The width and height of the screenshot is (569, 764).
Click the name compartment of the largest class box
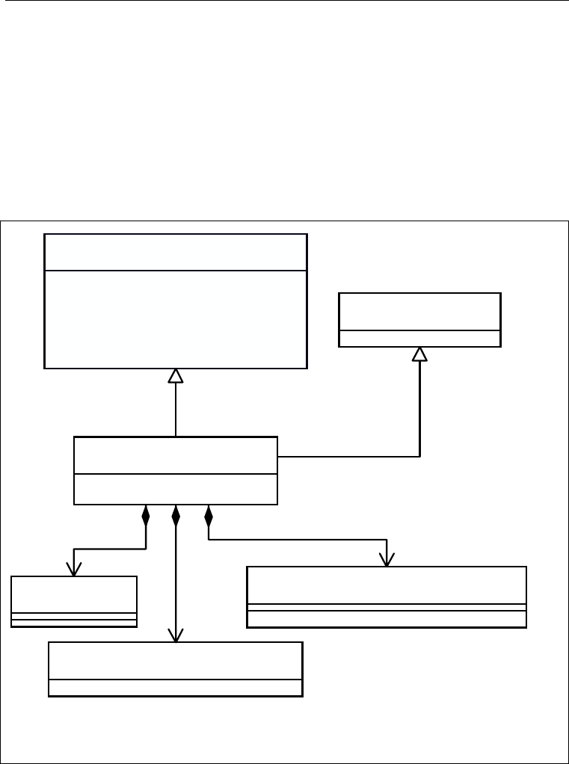[x=176, y=252]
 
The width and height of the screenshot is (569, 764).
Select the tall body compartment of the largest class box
[x=176, y=319]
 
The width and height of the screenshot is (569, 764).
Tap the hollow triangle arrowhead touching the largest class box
[x=176, y=376]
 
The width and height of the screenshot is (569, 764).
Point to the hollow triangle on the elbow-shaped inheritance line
[x=419, y=354]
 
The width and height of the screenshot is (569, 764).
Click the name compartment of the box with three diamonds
[x=176, y=455]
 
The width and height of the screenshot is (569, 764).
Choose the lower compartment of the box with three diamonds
[x=176, y=489]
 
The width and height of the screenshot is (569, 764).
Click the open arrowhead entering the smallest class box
[x=74, y=569]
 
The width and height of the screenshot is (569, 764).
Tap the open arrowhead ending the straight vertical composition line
[x=176, y=635]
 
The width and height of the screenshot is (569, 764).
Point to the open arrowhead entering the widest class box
[x=387, y=560]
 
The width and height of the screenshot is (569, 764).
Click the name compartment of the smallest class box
[x=74, y=594]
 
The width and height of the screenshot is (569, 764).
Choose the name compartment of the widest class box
[x=387, y=585]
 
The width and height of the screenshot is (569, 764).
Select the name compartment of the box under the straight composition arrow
[x=176, y=661]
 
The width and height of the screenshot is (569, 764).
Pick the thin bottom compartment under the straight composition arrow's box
[x=176, y=688]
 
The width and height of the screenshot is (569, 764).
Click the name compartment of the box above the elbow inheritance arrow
[x=419, y=311]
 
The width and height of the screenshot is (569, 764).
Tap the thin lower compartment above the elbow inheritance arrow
[x=419, y=338]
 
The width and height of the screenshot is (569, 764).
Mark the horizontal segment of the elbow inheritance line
[x=348, y=456]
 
